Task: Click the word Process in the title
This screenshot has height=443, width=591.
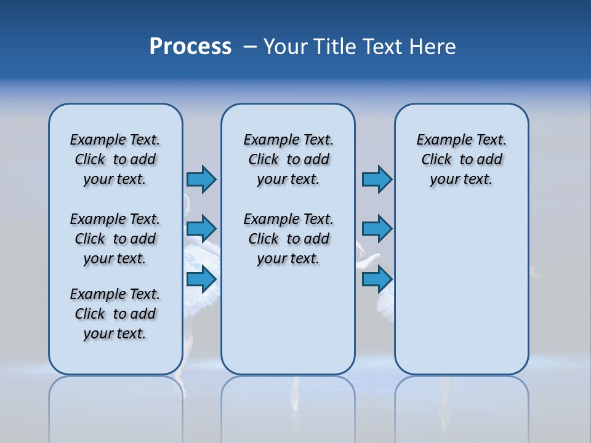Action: tap(190, 47)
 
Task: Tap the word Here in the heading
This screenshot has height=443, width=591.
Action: tap(433, 47)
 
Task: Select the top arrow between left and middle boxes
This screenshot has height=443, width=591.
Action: tap(201, 179)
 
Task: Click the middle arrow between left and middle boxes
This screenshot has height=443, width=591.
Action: tap(201, 229)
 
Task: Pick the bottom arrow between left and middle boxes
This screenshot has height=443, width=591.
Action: tap(201, 279)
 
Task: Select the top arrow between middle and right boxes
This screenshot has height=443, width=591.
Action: tap(377, 179)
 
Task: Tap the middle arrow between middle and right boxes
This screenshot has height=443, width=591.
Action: tap(377, 229)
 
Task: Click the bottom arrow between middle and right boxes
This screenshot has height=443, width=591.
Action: tap(377, 279)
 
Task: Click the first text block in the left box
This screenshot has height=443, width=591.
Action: tap(115, 159)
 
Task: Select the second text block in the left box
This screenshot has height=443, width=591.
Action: tap(115, 239)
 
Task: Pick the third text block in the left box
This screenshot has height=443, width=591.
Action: tap(115, 314)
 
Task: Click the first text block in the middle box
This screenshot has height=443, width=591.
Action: tap(288, 159)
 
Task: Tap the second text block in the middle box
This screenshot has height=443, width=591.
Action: tap(288, 239)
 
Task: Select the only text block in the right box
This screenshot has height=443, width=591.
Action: tap(461, 159)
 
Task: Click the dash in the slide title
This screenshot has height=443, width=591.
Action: tap(250, 47)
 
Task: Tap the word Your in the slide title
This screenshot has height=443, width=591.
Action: tap(286, 47)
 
